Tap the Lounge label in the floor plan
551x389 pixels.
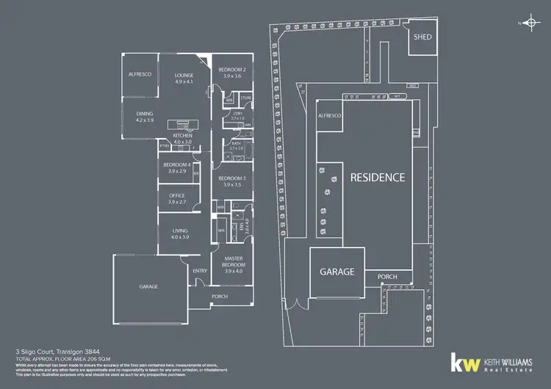(183, 75)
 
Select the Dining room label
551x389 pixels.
(144, 114)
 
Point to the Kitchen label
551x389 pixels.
(182, 137)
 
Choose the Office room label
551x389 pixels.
(176, 196)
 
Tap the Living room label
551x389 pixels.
(179, 231)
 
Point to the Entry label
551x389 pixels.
(200, 271)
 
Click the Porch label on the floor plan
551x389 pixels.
(220, 297)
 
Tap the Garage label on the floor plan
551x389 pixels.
(148, 286)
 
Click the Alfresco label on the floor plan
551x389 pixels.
(140, 75)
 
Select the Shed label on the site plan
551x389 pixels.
(423, 36)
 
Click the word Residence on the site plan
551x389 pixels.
(377, 177)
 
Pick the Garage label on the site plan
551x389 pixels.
(336, 271)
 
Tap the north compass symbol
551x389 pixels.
(528, 23)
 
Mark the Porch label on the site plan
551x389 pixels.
(387, 277)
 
